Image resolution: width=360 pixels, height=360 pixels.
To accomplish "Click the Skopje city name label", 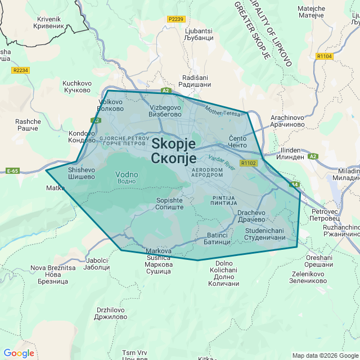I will pyautogui.click(x=173, y=151).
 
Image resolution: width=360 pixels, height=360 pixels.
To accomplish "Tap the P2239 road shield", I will pyautogui.click(x=176, y=19).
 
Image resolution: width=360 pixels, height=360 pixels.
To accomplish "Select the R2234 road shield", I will pyautogui.click(x=20, y=70).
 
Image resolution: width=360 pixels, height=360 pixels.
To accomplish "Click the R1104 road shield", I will pyautogui.click(x=325, y=56).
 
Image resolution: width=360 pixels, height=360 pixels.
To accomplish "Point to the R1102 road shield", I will pyautogui.click(x=248, y=163).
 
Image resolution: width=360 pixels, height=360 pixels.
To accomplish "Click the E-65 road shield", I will pyautogui.click(x=13, y=170).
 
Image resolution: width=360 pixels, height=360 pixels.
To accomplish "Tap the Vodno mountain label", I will pyautogui.click(x=126, y=177).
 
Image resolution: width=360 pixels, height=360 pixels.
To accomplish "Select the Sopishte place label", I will pyautogui.click(x=169, y=204).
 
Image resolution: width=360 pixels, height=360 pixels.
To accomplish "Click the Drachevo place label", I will pyautogui.click(x=251, y=217).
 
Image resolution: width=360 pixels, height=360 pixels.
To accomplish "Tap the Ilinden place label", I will pyautogui.click(x=294, y=155).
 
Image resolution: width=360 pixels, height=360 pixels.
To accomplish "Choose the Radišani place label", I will pyautogui.click(x=195, y=81).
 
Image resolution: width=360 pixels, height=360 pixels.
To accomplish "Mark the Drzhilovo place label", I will pyautogui.click(x=111, y=313).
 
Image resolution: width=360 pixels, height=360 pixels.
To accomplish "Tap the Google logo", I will pyautogui.click(x=19, y=353).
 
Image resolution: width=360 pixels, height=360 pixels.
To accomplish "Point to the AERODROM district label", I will pyautogui.click(x=207, y=172).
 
